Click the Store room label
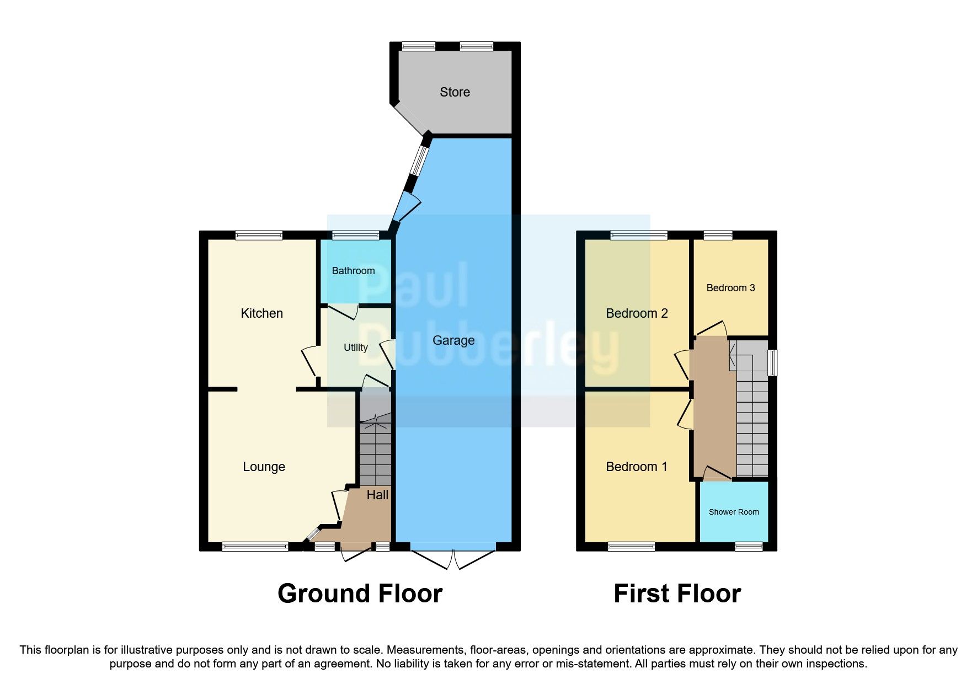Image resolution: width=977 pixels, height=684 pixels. (x=455, y=92)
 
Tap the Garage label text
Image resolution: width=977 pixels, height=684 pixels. (x=453, y=340)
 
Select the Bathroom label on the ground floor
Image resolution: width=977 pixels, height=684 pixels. (x=353, y=271)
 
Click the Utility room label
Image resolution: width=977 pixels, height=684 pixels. (x=355, y=348)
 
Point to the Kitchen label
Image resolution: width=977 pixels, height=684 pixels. (x=261, y=313)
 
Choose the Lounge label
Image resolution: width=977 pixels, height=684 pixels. (x=264, y=467)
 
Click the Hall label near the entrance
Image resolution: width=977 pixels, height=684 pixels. (x=377, y=495)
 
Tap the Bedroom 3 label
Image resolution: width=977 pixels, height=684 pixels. (x=730, y=288)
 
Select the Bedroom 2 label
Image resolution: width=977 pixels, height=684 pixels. (x=637, y=313)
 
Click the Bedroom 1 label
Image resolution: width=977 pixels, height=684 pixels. (x=637, y=467)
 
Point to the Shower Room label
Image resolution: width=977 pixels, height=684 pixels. (x=733, y=512)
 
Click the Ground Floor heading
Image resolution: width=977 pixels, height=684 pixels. (x=360, y=594)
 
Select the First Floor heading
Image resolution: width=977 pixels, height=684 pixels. (x=677, y=594)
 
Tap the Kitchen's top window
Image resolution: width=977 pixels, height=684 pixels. (x=259, y=236)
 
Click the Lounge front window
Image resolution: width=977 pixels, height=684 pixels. (x=255, y=547)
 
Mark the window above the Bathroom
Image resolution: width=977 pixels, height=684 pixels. (x=356, y=236)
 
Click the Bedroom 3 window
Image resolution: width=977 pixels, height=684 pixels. (x=718, y=236)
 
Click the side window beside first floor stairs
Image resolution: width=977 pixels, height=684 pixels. (x=773, y=362)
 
